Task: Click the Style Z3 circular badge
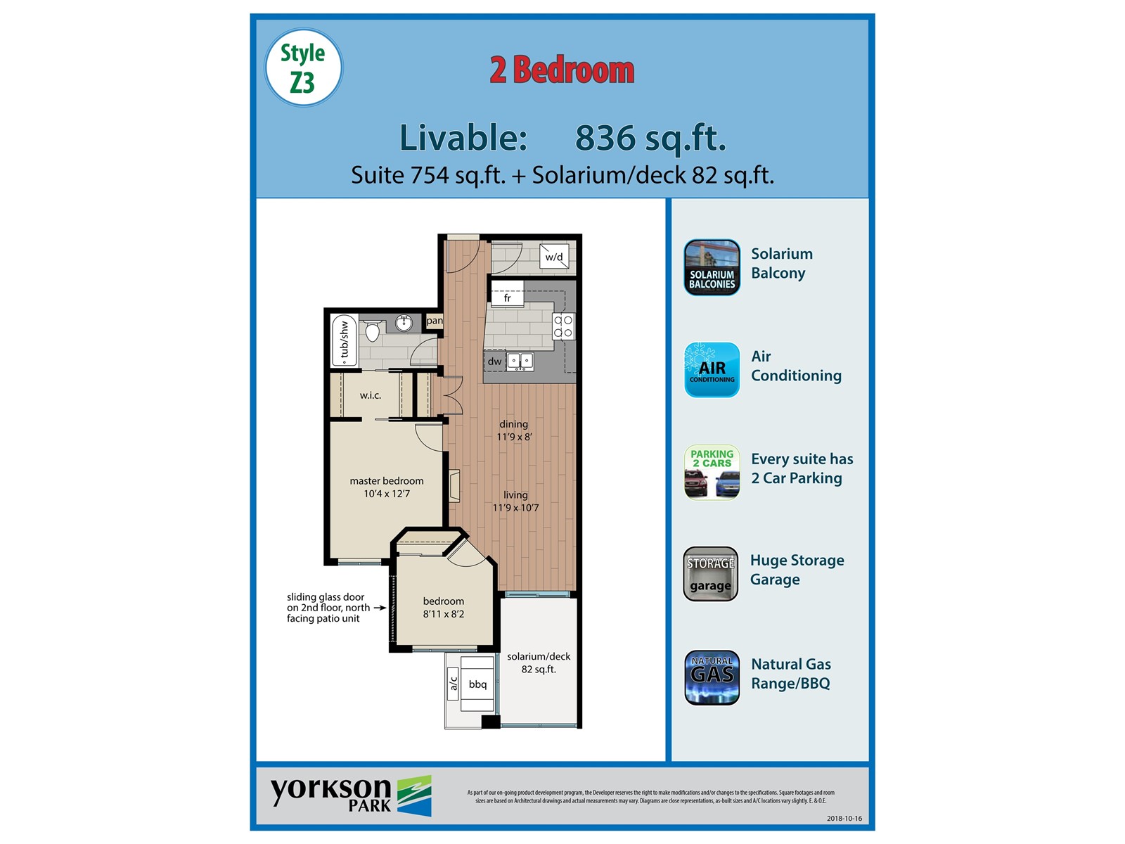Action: point(303,68)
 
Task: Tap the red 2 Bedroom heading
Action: point(562,70)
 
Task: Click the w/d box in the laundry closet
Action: point(554,257)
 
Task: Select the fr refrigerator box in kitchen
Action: point(507,298)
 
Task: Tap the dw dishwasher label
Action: point(495,362)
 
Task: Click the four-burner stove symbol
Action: point(563,326)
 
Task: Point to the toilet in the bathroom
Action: point(373,330)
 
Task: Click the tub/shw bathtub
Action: point(344,340)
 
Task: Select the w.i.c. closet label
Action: point(371,395)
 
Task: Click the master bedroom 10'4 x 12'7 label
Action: point(387,487)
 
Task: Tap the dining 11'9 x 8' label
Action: point(514,430)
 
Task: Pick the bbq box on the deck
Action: point(477,684)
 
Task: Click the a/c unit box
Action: point(454,684)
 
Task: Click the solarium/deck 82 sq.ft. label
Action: point(539,663)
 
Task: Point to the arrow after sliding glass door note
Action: point(380,608)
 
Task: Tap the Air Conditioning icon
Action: point(712,370)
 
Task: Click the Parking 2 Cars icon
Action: point(712,473)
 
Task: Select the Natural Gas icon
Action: point(712,677)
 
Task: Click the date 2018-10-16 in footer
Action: point(844,818)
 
